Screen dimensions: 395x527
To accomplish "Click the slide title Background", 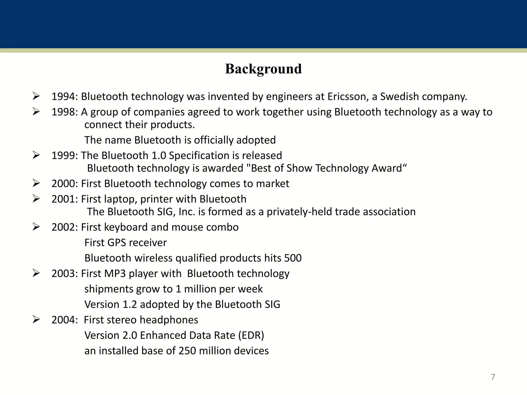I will click(263, 69).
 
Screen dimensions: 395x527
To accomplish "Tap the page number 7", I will click(493, 377).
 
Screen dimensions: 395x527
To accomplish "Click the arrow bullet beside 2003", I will click(36, 273).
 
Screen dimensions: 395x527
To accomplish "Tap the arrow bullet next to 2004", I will click(36, 320).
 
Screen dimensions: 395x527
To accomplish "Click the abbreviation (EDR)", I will click(251, 335).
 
